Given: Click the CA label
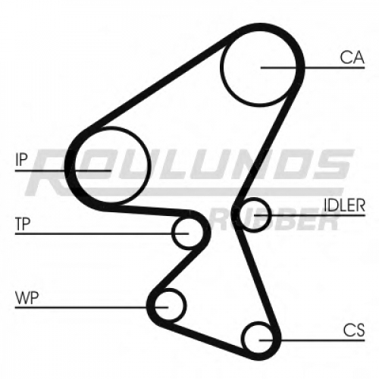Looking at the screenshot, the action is (352, 58).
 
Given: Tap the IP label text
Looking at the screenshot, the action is (21, 160).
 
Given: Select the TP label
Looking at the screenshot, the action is (23, 224).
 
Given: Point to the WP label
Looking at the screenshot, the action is (27, 298).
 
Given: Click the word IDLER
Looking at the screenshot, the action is (345, 205).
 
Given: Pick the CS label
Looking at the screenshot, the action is (354, 330).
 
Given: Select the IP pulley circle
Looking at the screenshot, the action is (149, 165).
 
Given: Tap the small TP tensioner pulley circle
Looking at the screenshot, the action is (172, 233).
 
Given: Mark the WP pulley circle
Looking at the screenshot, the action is (186, 306).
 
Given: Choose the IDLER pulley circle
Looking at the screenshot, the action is (271, 215).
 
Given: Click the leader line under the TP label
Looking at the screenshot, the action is (102, 234).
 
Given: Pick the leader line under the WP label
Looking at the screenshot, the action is (92, 307).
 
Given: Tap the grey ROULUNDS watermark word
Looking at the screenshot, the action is (189, 172).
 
